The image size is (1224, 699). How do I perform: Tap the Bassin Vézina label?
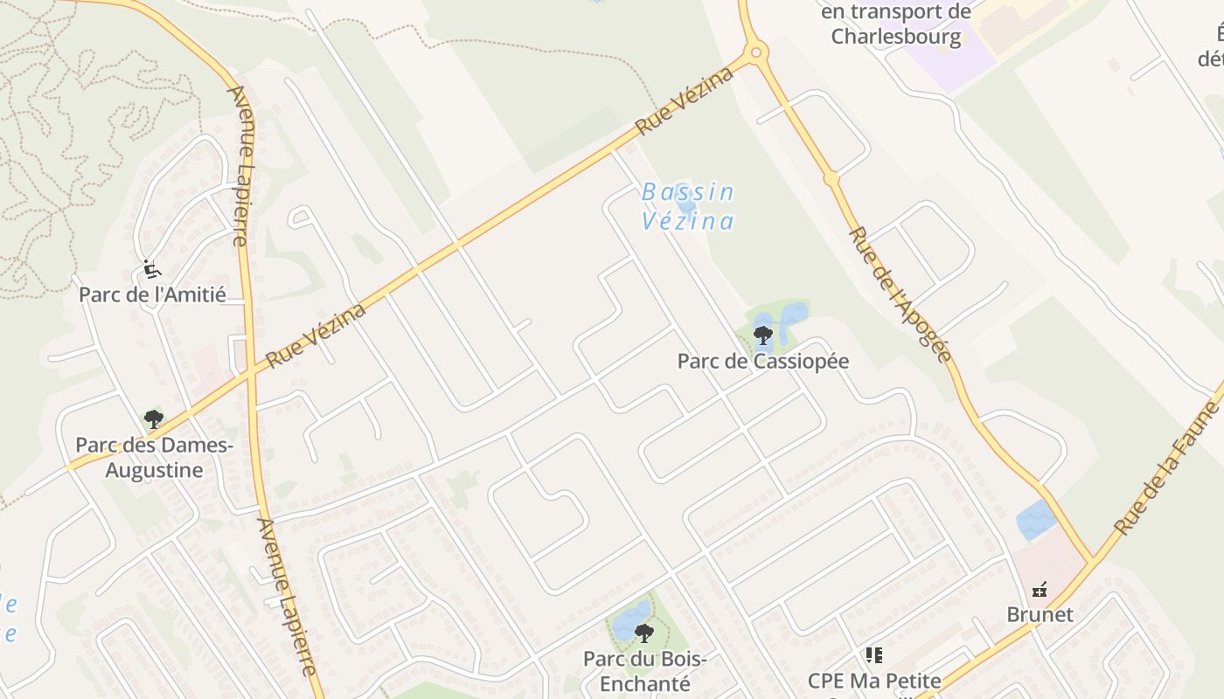[687, 206]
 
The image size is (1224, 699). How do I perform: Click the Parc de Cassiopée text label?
[762, 361]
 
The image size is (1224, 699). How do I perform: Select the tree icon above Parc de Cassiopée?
[763, 334]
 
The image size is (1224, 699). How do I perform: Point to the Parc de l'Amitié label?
[152, 294]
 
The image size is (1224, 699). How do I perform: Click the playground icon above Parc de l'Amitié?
[152, 268]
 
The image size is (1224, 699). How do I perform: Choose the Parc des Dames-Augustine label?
[154, 457]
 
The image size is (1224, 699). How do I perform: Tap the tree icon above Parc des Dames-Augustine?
[154, 419]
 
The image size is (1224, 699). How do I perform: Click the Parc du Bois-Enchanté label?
[644, 670]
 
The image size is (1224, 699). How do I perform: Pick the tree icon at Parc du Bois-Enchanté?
[644, 633]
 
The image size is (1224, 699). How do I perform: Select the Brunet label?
[1040, 614]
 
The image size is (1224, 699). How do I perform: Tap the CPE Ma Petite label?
[873, 681]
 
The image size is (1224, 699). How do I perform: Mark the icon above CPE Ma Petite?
[873, 654]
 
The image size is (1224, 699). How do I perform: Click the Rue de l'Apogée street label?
[900, 294]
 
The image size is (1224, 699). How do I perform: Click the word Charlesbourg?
[895, 37]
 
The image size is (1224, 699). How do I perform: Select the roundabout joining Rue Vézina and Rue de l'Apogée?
[757, 52]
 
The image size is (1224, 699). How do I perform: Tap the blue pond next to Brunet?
[1037, 520]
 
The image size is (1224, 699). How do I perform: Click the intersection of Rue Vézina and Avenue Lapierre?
[252, 371]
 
